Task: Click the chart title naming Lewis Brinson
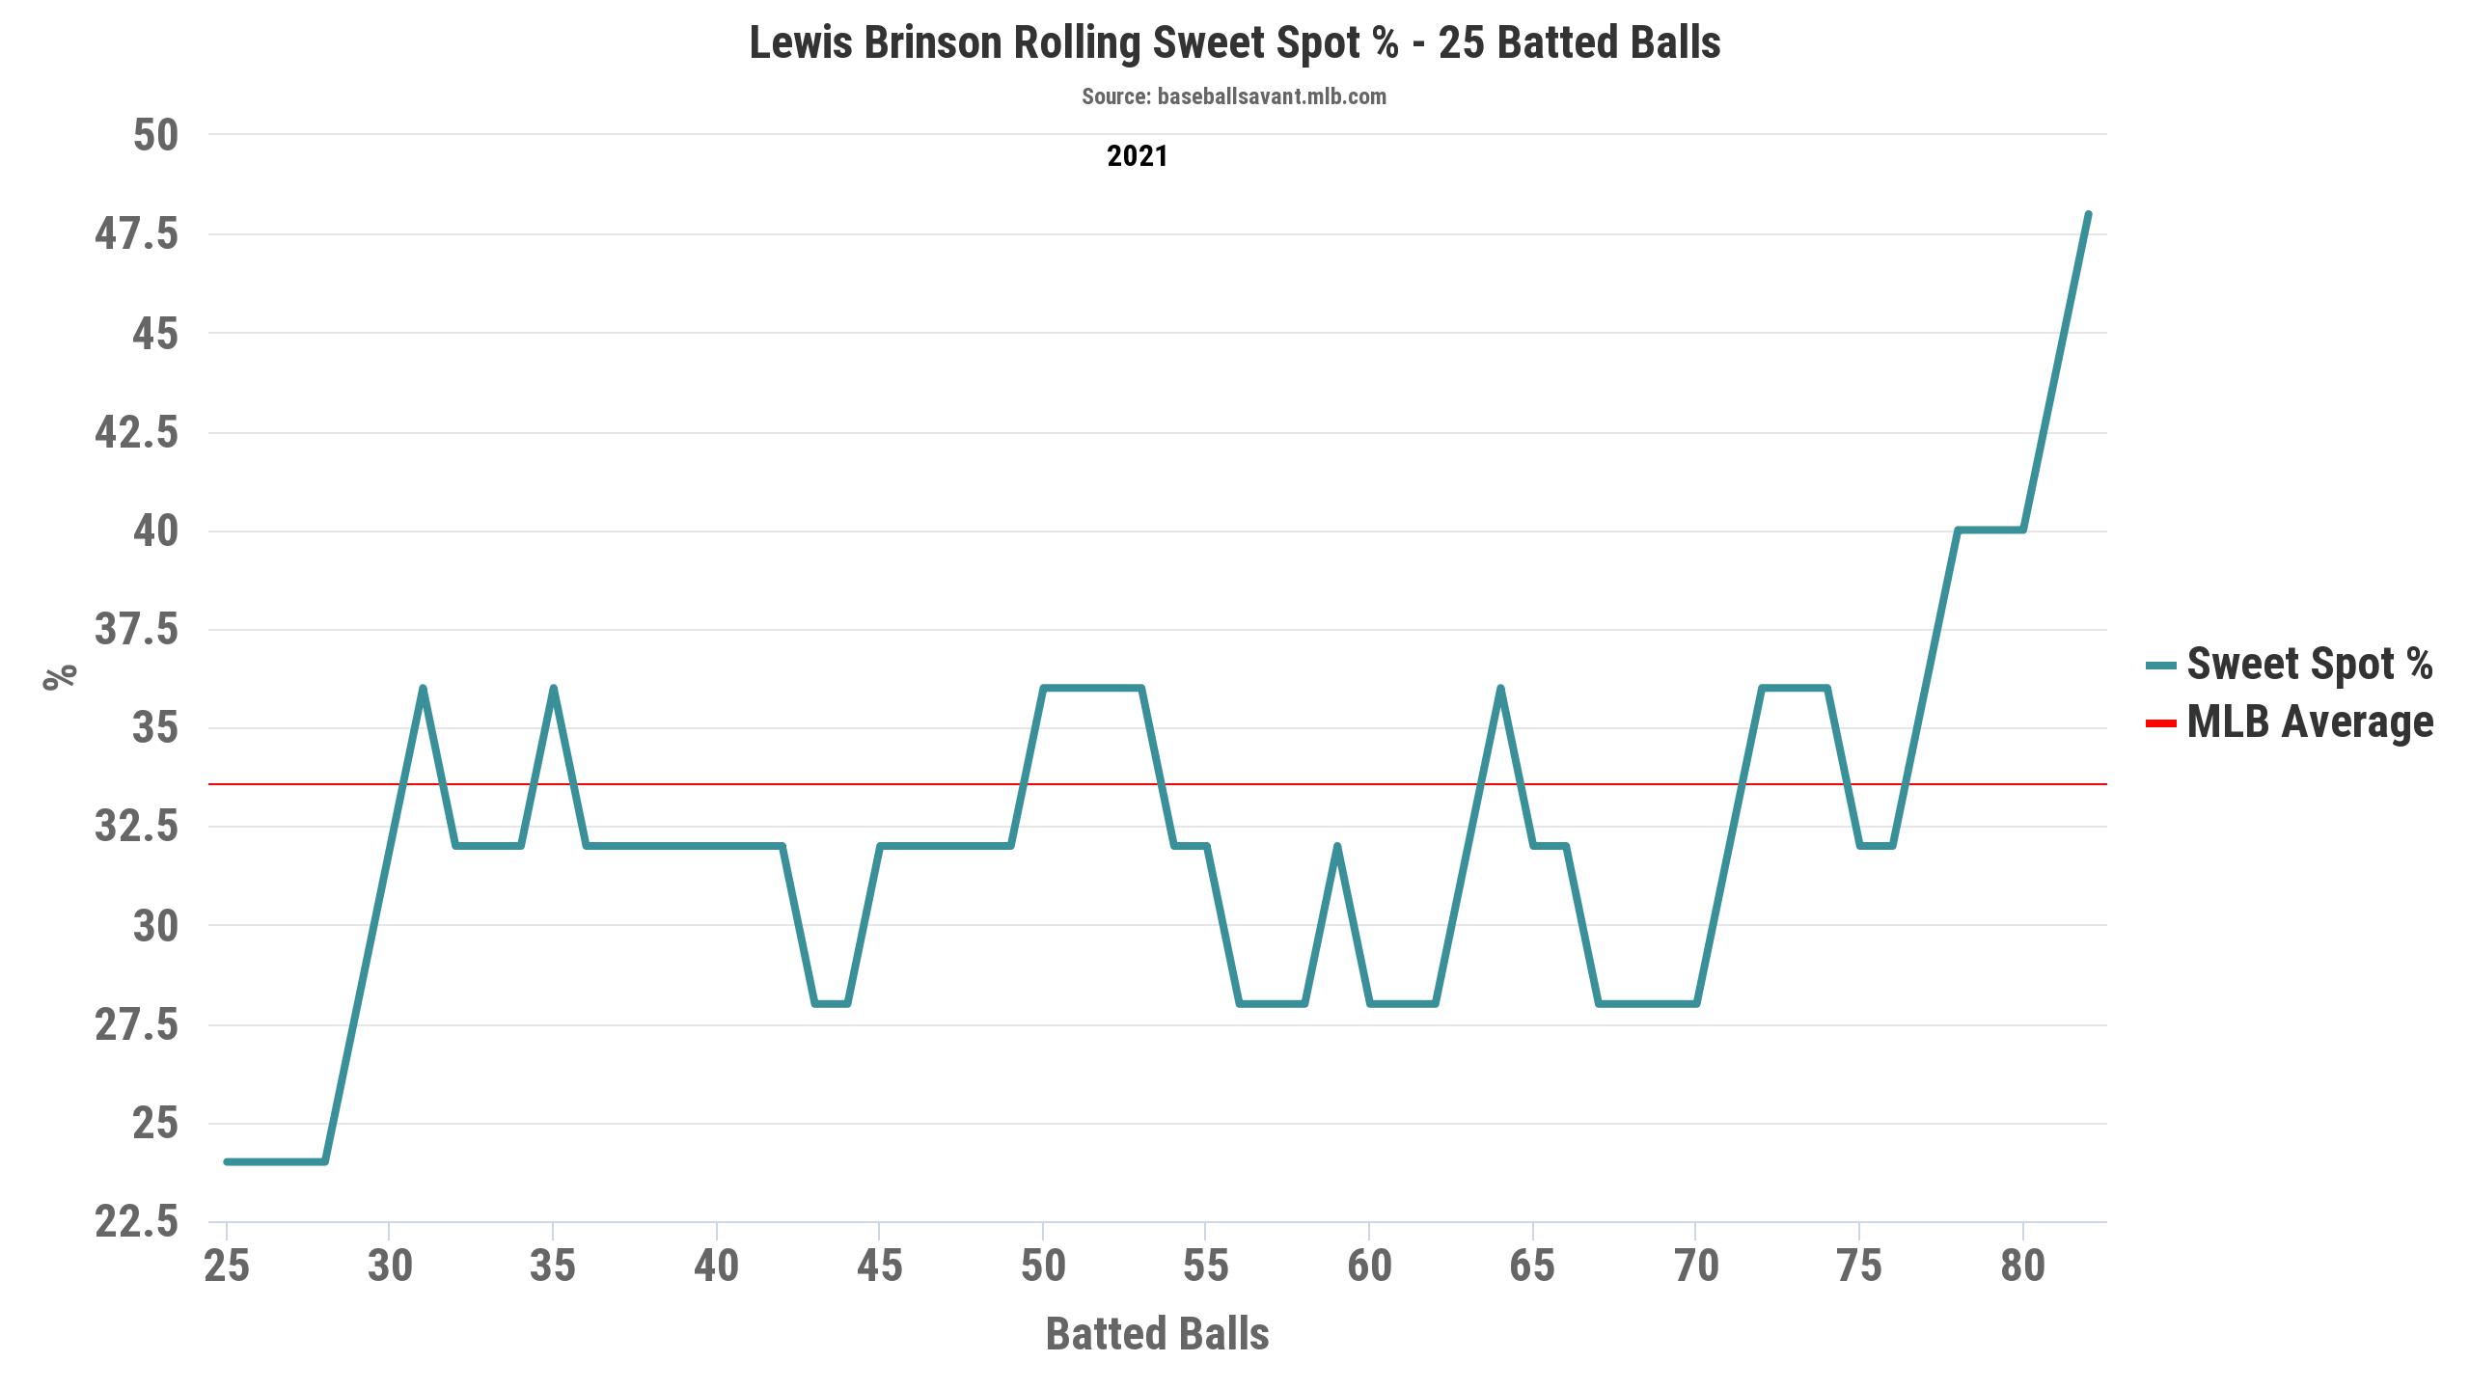tap(1234, 43)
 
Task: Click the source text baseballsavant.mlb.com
tap(1234, 96)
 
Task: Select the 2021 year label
tap(1137, 156)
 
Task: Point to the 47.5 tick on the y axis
tap(137, 234)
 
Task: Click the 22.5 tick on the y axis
tap(137, 1222)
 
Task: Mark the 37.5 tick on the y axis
tap(137, 630)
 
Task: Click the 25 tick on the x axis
tap(227, 1266)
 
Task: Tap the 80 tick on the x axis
tap(2022, 1266)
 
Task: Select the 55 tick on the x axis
tap(1206, 1266)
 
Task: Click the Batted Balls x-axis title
tap(1157, 1334)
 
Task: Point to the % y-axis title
tap(60, 676)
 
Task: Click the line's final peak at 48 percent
tap(2088, 214)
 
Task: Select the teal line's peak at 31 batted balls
tap(423, 688)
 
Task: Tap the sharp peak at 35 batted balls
tap(553, 688)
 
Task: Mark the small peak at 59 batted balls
tap(1337, 846)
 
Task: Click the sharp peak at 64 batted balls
tap(1500, 688)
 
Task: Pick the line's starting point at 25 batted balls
tap(227, 1161)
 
